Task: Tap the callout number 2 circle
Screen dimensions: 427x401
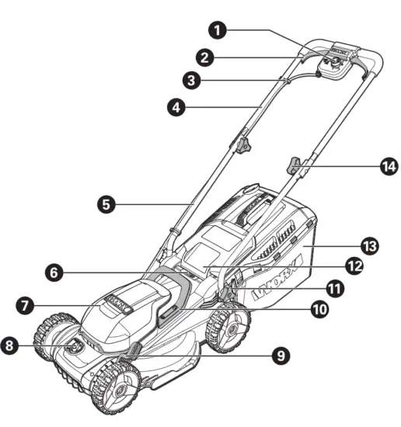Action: [x=205, y=57]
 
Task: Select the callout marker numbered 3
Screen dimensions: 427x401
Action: [x=191, y=80]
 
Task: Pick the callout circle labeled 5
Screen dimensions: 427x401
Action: [x=107, y=205]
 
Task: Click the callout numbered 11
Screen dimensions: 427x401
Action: [x=335, y=288]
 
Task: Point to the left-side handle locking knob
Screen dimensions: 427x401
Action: [x=246, y=144]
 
